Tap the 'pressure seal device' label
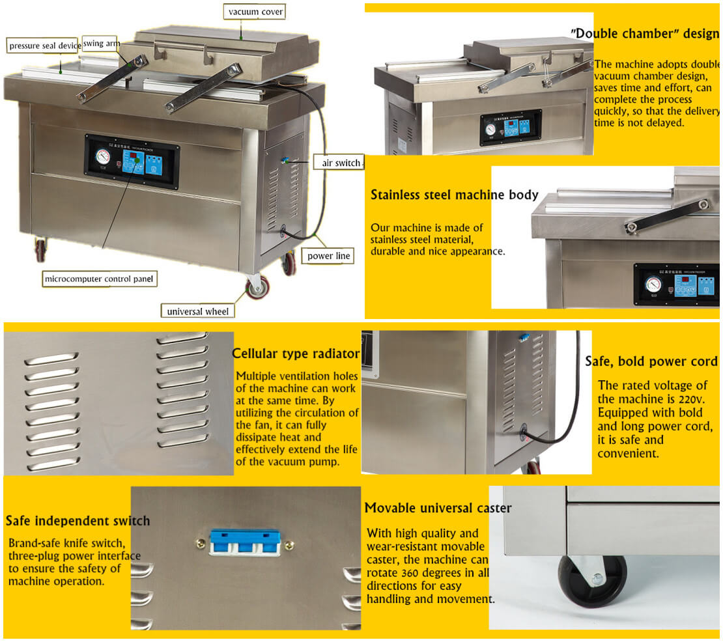44,46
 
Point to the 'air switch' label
337,163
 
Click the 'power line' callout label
329,256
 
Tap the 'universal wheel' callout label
198,311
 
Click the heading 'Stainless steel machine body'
454,195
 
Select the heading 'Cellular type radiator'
296,354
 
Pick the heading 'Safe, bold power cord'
651,361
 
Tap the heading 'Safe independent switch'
78,521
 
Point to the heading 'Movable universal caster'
438,508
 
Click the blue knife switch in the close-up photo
245,542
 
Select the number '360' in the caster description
418,574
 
